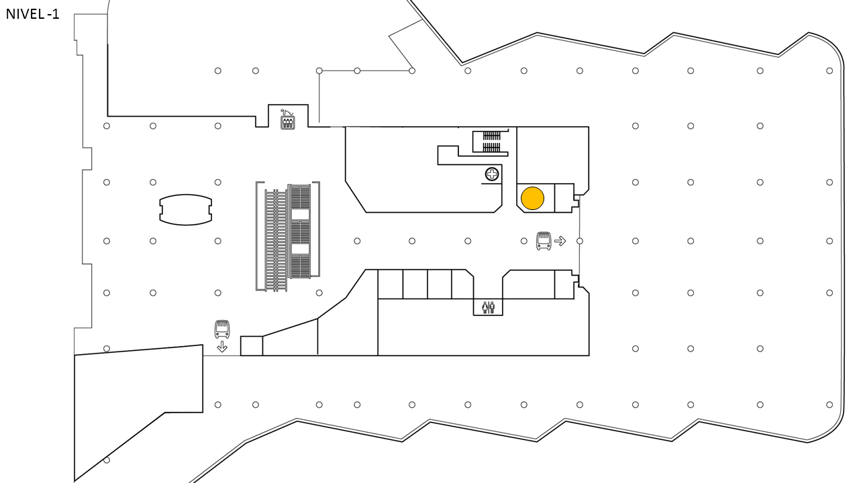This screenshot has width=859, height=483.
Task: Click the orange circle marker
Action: tap(532, 198)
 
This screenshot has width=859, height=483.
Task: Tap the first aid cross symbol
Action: tap(492, 174)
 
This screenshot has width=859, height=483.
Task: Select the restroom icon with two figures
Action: tap(488, 307)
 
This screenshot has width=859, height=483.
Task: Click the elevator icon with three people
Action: tap(288, 123)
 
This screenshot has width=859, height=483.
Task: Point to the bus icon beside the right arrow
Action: tap(544, 241)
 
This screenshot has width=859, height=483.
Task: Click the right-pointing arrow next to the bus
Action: tap(560, 241)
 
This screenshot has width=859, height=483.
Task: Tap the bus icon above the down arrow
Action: tap(222, 329)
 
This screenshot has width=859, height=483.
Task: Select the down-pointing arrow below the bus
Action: tap(222, 347)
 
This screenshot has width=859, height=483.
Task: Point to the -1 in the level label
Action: tap(53, 14)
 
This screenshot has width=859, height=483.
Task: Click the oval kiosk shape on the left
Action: tap(186, 210)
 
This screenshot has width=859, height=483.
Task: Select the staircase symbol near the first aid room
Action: tap(492, 142)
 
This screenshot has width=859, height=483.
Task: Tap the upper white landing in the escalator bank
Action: tap(300, 214)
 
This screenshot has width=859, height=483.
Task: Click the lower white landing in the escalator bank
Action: tap(300, 249)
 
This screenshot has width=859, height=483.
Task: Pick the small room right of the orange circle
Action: tap(564, 198)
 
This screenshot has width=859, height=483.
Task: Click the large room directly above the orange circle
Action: tap(552, 155)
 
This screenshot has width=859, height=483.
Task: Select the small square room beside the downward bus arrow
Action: tap(252, 345)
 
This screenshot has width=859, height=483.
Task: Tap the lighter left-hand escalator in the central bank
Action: tap(275, 240)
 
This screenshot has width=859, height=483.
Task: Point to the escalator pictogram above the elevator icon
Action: tap(287, 112)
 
